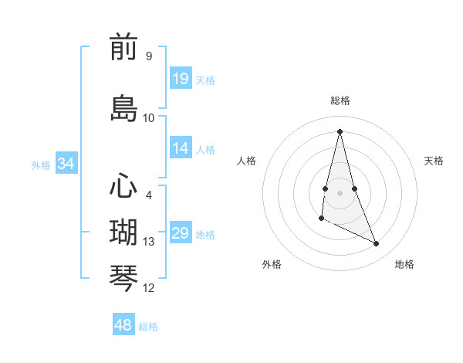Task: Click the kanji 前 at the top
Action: click(x=123, y=48)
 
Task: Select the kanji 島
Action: click(x=123, y=108)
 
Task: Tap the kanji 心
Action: click(x=123, y=187)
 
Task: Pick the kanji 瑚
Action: click(x=123, y=232)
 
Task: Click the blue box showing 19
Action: click(x=181, y=79)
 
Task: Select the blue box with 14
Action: click(x=181, y=148)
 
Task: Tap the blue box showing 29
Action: click(x=181, y=233)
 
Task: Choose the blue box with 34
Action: click(x=66, y=164)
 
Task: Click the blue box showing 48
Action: click(x=123, y=325)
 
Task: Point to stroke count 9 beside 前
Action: click(x=148, y=56)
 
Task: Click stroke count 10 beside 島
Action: click(x=149, y=118)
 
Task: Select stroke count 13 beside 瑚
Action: click(x=149, y=242)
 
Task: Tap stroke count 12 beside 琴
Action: click(x=149, y=288)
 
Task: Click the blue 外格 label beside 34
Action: click(x=41, y=165)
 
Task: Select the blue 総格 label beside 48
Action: click(x=148, y=326)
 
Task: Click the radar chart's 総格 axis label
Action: click(x=340, y=100)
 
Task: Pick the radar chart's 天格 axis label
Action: click(x=434, y=161)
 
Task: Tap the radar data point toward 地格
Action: click(x=377, y=244)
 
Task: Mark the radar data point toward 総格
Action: click(x=340, y=131)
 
